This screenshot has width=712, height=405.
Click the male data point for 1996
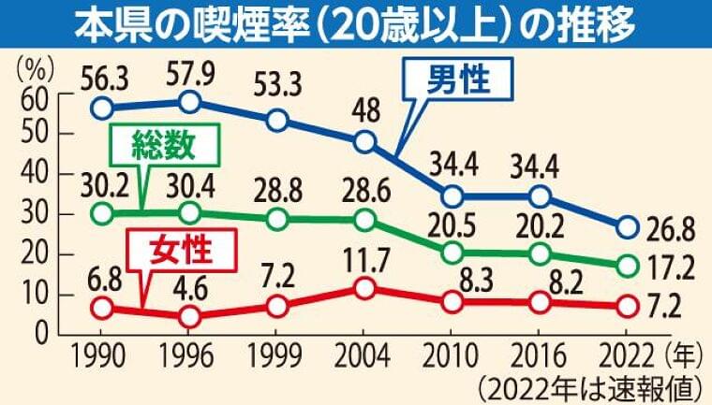189,101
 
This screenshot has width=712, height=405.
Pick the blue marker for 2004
364,142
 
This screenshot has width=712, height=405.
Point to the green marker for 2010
452,253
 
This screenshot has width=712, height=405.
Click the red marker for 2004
364,288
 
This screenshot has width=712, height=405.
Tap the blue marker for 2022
628,227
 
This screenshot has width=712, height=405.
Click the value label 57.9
189,68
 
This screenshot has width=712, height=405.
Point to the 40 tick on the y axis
35,174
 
